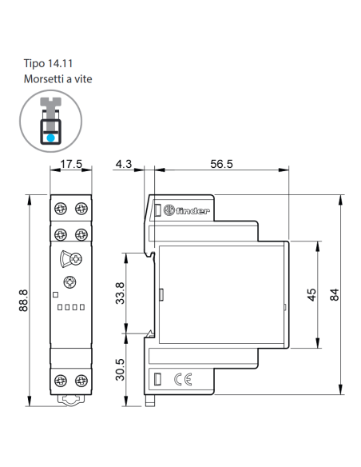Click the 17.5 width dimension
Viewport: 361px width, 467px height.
point(71,164)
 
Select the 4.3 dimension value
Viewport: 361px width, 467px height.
point(124,164)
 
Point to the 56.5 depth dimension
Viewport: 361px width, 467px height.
point(221,164)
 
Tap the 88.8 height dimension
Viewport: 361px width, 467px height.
point(23,300)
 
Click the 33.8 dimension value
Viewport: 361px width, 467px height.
point(120,293)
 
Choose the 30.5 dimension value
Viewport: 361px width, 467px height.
point(120,369)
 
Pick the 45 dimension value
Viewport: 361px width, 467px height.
point(311,295)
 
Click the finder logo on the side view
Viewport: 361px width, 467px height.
point(186,210)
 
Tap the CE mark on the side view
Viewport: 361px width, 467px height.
point(183,379)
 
